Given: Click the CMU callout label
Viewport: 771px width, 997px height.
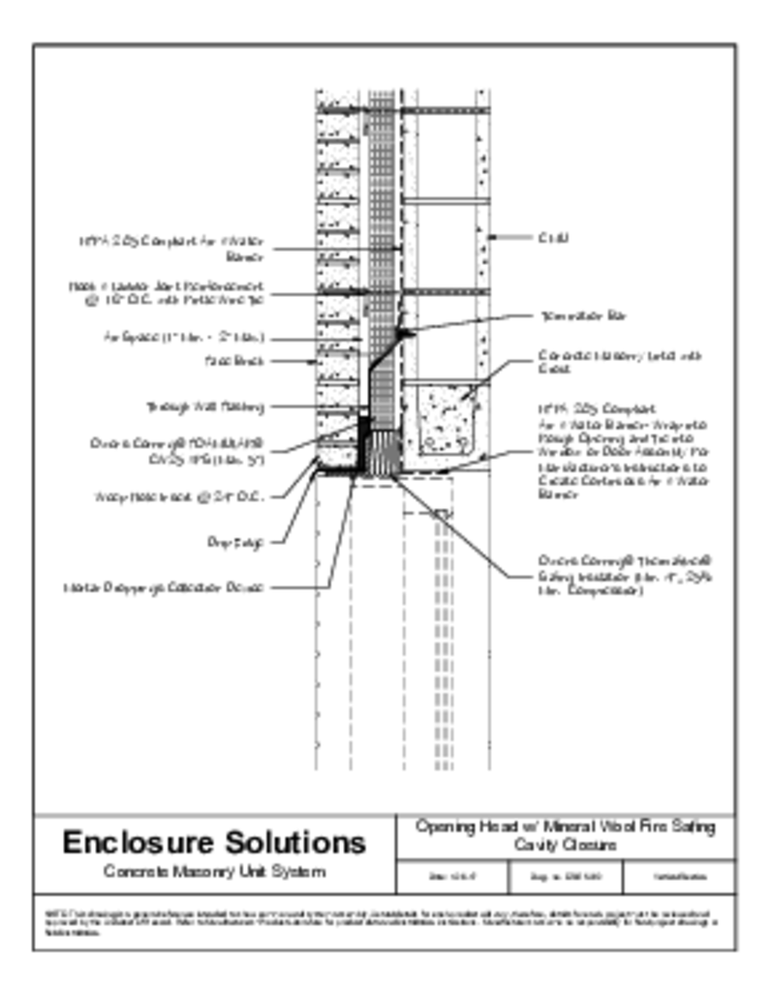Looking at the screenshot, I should pos(553,237).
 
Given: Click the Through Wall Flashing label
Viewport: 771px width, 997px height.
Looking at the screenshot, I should pos(204,407).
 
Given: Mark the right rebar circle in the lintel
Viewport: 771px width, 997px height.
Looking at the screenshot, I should pos(463,444).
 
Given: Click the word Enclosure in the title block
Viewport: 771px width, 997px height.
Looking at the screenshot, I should pos(133,842).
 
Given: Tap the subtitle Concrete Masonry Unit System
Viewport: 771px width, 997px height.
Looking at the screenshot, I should pos(214,872).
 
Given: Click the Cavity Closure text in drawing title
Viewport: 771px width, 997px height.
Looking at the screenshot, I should pos(566,846).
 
